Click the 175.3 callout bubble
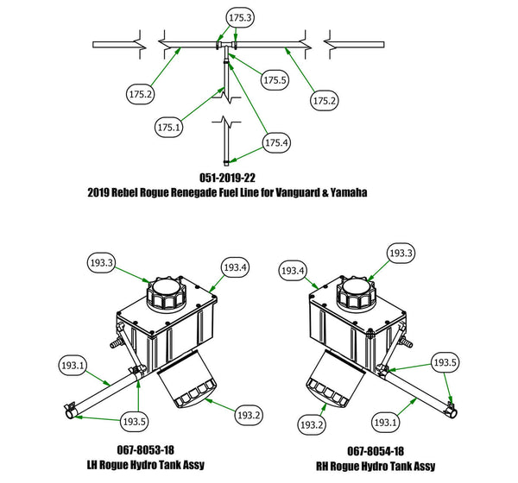click(x=240, y=18)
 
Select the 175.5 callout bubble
click(x=274, y=80)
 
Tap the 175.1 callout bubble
click(x=170, y=127)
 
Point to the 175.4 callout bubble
click(x=277, y=142)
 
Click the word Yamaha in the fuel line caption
click(x=344, y=193)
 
